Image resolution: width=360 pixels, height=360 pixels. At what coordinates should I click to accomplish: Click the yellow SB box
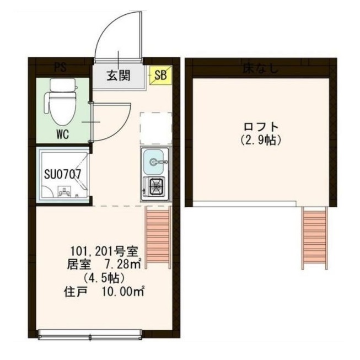pyautogui.click(x=161, y=75)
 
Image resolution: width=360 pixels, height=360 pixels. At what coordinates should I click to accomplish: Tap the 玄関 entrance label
pyautogui.click(x=118, y=76)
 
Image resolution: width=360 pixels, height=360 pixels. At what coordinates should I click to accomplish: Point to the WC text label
pyautogui.click(x=62, y=135)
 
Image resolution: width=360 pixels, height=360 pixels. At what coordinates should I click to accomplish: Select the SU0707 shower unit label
pyautogui.click(x=63, y=175)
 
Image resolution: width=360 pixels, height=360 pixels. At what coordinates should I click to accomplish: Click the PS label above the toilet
pyautogui.click(x=61, y=68)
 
